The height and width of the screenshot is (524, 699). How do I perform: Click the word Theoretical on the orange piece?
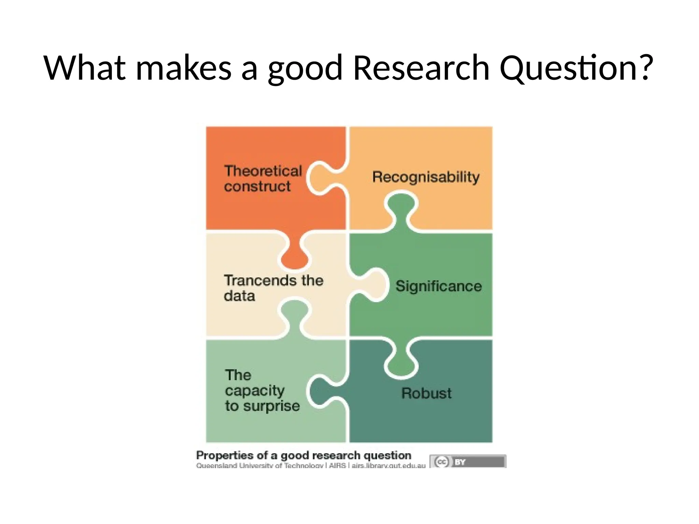[x=263, y=171]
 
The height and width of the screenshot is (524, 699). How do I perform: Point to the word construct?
[x=257, y=187]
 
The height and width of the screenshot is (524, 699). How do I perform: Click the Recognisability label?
[x=426, y=177]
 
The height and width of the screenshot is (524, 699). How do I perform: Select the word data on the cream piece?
[x=239, y=296]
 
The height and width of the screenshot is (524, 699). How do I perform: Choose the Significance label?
[x=439, y=286]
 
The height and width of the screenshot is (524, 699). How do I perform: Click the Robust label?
[x=426, y=393]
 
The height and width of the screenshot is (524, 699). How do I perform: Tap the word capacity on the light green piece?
[x=255, y=391]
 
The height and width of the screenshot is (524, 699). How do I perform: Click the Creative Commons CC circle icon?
[x=442, y=462]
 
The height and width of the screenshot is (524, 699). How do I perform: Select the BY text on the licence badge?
[x=460, y=462]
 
